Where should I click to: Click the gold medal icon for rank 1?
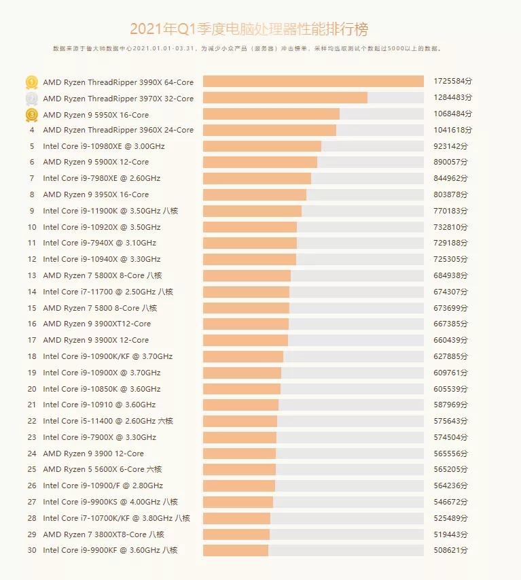click(x=31, y=82)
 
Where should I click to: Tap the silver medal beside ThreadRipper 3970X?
click(x=31, y=99)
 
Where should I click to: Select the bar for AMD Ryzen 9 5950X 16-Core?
click(x=271, y=114)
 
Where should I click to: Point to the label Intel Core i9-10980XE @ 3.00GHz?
click(x=103, y=146)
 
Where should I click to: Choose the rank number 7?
click(x=31, y=178)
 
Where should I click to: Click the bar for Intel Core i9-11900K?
click(x=252, y=211)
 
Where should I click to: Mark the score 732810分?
click(x=450, y=227)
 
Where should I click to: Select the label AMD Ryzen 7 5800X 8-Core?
click(x=102, y=275)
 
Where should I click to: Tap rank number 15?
click(x=31, y=308)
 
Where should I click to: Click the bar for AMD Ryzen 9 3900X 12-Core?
click(x=245, y=340)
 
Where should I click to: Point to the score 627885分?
click(x=450, y=356)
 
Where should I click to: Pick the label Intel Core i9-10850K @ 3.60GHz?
click(x=102, y=389)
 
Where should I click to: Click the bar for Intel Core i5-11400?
click(x=240, y=421)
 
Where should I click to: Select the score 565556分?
click(x=450, y=454)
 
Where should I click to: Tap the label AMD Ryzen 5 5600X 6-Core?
click(x=102, y=469)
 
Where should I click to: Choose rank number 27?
click(x=31, y=502)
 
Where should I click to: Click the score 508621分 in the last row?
click(x=450, y=550)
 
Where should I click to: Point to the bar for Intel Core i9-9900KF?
click(x=236, y=550)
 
